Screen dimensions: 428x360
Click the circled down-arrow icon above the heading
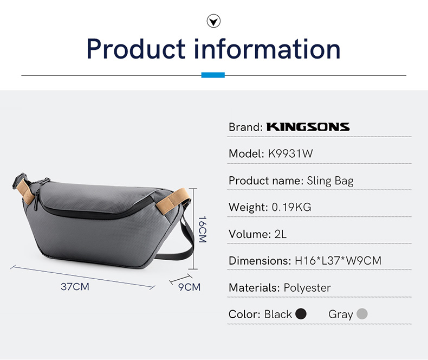213,21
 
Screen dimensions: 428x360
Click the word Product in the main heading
136,49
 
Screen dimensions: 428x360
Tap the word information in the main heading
268,49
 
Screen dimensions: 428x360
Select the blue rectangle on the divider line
213,75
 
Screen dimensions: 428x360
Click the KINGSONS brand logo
308,127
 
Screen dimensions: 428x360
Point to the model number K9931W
290,153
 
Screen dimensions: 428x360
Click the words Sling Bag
330,181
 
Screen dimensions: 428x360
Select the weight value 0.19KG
291,207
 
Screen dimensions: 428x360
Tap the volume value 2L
280,234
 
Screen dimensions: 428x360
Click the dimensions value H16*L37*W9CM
338,261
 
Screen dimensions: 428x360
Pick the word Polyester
307,288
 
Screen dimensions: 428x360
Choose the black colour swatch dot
301,313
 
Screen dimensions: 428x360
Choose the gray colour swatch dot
362,313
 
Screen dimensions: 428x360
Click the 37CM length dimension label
75,287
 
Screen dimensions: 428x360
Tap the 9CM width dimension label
189,287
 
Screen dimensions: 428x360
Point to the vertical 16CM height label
203,229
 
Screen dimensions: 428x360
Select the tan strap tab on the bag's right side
172,200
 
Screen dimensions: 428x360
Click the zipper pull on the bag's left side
36,202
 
